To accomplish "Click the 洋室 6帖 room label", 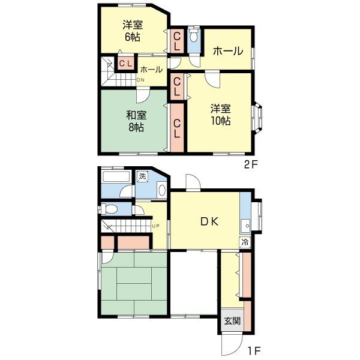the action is [133, 31].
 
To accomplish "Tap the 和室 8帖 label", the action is [136, 121].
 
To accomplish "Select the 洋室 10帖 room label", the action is [221, 115].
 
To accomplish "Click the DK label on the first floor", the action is [209, 221].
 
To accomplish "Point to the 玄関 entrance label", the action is [232, 321].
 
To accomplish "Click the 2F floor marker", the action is [251, 164].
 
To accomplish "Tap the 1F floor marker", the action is [254, 351].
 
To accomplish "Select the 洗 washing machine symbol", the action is [143, 176].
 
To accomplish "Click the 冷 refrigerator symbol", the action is [245, 242].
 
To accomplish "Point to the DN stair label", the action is [140, 80].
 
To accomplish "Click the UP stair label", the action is [155, 226].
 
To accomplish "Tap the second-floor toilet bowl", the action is [194, 36].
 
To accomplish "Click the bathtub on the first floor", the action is [116, 177].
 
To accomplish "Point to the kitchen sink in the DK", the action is [245, 226].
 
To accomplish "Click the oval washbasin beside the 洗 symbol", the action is [162, 190].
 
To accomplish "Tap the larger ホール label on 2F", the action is [228, 51].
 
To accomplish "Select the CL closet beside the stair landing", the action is [125, 63].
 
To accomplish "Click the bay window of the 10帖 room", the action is [257, 118].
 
